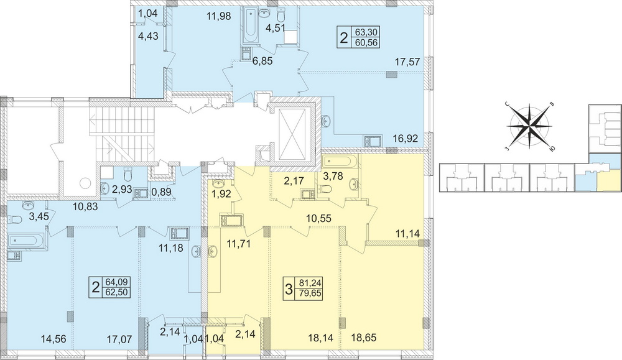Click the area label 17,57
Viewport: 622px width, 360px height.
408,62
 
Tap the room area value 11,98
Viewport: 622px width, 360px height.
218,16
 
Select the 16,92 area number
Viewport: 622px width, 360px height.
406,139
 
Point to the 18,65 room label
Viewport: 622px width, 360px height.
364,338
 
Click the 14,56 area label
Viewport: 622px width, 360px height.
53,339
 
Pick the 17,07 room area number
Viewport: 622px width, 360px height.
119,339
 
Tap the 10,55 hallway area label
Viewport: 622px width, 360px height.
318,218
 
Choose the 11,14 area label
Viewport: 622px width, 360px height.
407,234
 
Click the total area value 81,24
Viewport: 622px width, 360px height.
311,283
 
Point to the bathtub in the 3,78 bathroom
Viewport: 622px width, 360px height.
341,162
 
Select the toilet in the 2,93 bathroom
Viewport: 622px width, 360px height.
128,174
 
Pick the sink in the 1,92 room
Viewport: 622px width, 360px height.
217,183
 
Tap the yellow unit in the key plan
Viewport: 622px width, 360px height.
608,180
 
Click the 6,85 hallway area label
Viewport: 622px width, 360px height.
262,61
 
